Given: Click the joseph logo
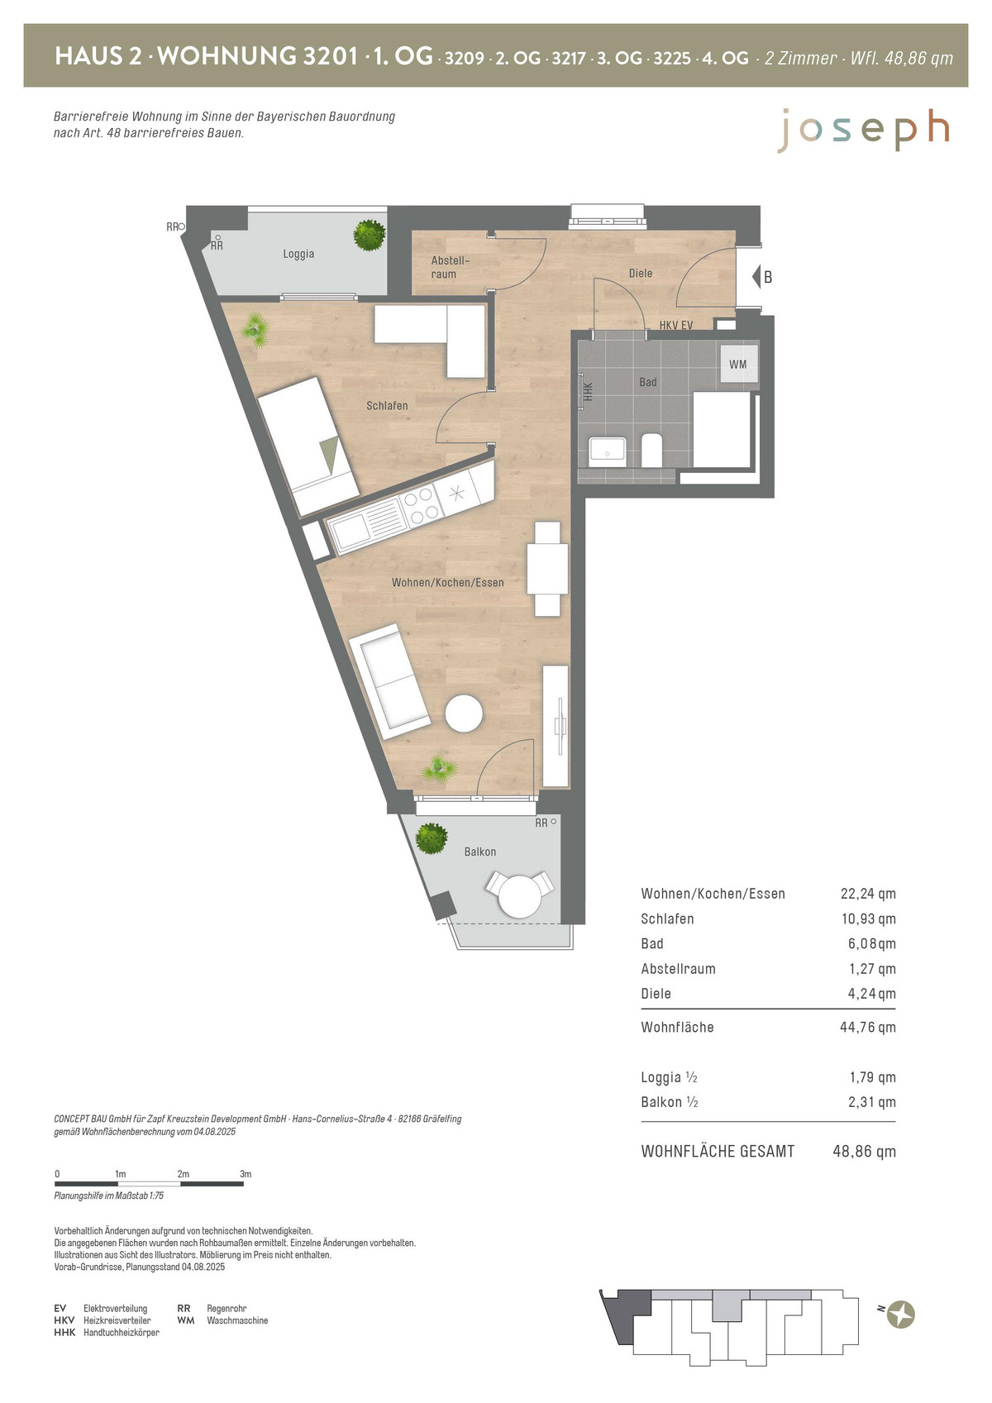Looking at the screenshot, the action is (864, 131).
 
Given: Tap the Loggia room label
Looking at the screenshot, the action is (298, 254).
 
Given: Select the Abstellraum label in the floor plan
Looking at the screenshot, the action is (450, 267).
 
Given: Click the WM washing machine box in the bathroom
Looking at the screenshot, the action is (737, 364).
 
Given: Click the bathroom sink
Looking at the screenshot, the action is (607, 451).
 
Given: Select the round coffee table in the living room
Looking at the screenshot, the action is (464, 713).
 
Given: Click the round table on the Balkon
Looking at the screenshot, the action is (520, 896).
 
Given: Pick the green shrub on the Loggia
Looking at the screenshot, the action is (369, 236).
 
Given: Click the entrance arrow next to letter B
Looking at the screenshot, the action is (756, 276).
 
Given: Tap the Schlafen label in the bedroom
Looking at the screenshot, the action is (387, 406).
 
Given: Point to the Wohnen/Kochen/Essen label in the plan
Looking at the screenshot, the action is (448, 583).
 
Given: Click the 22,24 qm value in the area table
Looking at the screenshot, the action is (868, 894).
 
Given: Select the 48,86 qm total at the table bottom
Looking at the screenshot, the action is (864, 1151).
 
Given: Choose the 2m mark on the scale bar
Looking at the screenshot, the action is (183, 1174).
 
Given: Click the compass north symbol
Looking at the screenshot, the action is (901, 1315).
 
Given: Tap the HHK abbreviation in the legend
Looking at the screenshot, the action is (64, 1332).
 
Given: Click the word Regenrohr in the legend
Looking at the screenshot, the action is (227, 1309).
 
